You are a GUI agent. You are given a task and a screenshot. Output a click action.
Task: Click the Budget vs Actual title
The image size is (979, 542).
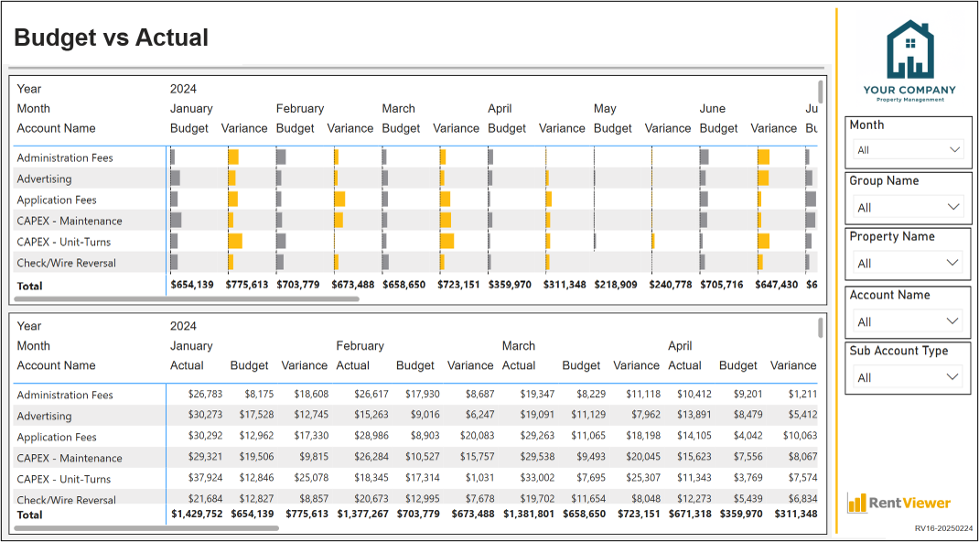point(111,38)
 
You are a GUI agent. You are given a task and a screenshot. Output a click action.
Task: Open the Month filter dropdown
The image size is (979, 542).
point(909,150)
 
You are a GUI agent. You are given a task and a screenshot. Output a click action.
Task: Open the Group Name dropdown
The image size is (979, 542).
point(909,207)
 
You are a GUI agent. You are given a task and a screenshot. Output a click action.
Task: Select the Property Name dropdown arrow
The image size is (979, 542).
point(952,263)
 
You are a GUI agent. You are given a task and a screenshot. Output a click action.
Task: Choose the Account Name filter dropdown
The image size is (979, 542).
point(909,321)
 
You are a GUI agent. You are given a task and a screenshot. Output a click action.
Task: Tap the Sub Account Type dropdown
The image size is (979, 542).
point(909,377)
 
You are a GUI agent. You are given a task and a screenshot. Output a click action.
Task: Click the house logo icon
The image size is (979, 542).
point(910,50)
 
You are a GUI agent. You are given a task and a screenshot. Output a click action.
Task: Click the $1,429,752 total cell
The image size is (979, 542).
point(197,514)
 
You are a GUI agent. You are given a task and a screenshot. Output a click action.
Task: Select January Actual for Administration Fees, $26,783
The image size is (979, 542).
point(206,394)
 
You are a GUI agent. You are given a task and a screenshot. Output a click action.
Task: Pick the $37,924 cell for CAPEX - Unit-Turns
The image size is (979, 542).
point(206,478)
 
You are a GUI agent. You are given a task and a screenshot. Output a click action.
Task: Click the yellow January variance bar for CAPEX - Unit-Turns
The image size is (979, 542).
point(235,241)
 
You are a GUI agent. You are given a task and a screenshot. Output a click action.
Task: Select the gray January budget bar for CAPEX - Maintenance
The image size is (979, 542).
point(176,220)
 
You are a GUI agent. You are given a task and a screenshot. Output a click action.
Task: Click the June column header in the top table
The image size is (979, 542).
point(713,109)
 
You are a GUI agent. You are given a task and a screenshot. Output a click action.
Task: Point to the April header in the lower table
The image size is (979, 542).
point(680,346)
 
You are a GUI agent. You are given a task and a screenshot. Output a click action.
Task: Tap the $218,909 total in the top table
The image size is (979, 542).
point(616,285)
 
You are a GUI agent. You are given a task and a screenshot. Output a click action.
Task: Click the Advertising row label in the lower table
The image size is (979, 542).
point(44,416)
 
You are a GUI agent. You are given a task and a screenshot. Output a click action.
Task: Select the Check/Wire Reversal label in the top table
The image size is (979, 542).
point(66,263)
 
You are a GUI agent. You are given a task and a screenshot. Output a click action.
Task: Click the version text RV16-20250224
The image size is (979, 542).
point(944,527)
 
